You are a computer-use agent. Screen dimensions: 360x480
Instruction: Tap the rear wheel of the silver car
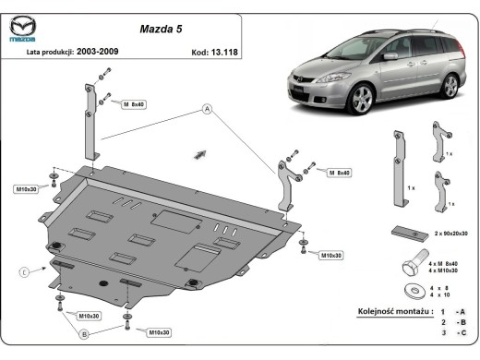pyautogui.click(x=449, y=86)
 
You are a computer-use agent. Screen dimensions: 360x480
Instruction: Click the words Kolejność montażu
pyautogui.click(x=394, y=313)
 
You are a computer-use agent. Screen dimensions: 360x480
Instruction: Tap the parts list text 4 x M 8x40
pyautogui.click(x=444, y=264)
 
